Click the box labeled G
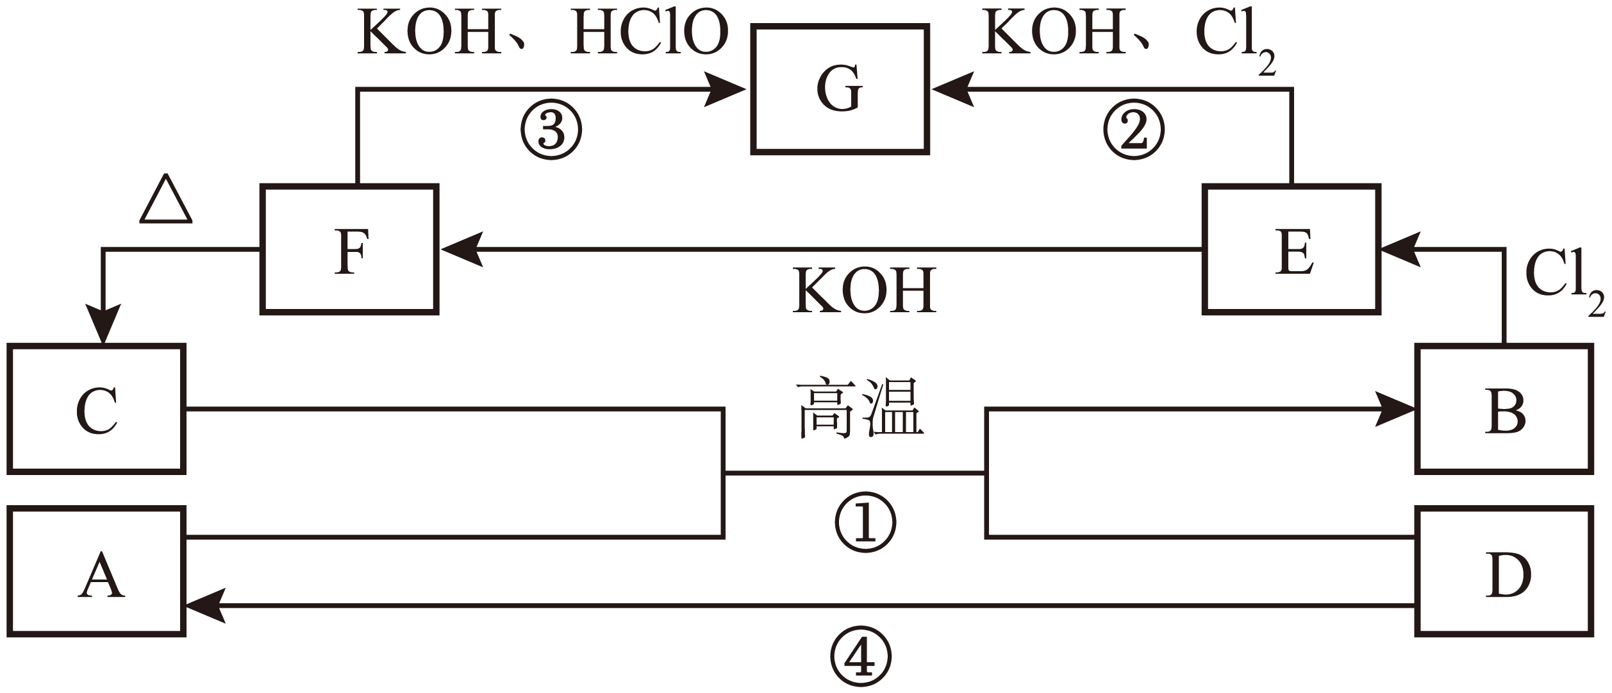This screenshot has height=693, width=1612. [840, 89]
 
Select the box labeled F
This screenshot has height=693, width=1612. [350, 249]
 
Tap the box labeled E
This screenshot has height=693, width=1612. [1292, 249]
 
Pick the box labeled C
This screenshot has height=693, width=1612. [97, 410]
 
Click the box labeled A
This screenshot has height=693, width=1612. [97, 572]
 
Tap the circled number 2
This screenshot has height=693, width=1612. [1133, 130]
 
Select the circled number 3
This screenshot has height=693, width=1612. [551, 130]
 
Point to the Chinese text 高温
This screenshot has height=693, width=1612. [860, 408]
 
